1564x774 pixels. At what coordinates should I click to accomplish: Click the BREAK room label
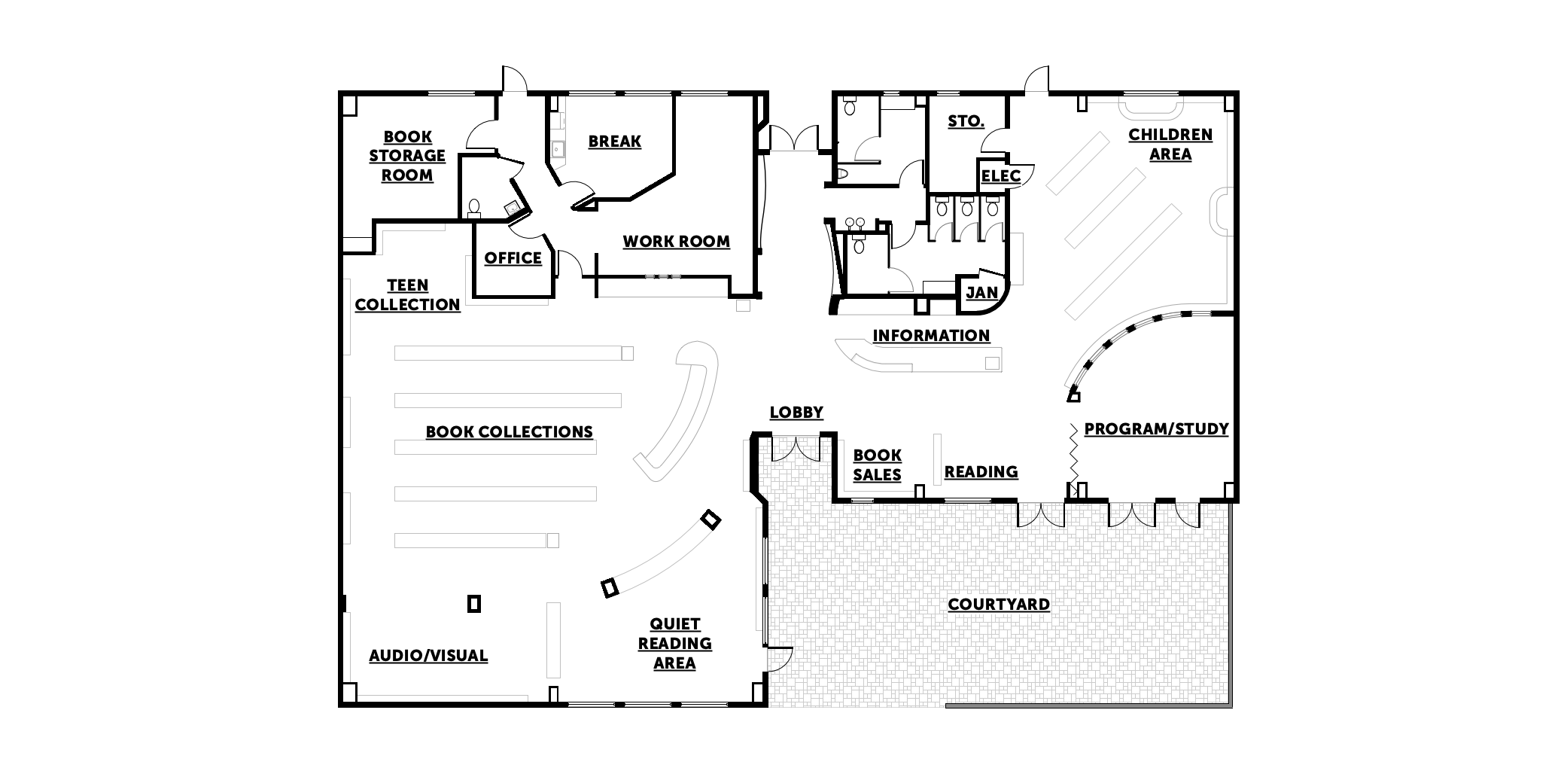point(614,141)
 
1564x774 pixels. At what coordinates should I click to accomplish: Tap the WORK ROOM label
point(676,242)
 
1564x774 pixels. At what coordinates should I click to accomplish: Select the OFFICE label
point(513,258)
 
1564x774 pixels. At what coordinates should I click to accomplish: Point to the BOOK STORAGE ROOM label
point(406,156)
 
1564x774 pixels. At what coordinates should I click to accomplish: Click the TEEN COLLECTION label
point(407,295)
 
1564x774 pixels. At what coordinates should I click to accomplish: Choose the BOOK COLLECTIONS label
point(509,432)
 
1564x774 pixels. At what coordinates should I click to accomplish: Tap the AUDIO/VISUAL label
point(428,656)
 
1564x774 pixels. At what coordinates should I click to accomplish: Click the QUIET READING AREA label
point(674,644)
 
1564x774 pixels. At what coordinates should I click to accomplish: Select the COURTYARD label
point(998,605)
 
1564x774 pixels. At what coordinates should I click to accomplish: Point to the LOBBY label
point(796,413)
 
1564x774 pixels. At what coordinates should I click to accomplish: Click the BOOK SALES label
point(877,465)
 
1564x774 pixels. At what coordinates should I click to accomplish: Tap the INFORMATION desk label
point(930,336)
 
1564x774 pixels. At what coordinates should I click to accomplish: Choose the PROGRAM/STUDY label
point(1155,429)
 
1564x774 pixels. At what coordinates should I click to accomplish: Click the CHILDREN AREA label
point(1170,145)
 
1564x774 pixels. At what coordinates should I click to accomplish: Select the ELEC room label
point(1000,176)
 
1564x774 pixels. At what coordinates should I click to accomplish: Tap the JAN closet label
point(981,293)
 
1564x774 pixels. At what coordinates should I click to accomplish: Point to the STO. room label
point(965,121)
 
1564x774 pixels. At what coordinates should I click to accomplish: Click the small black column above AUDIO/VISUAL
point(473,603)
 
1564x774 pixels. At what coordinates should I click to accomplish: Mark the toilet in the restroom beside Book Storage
point(474,206)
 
